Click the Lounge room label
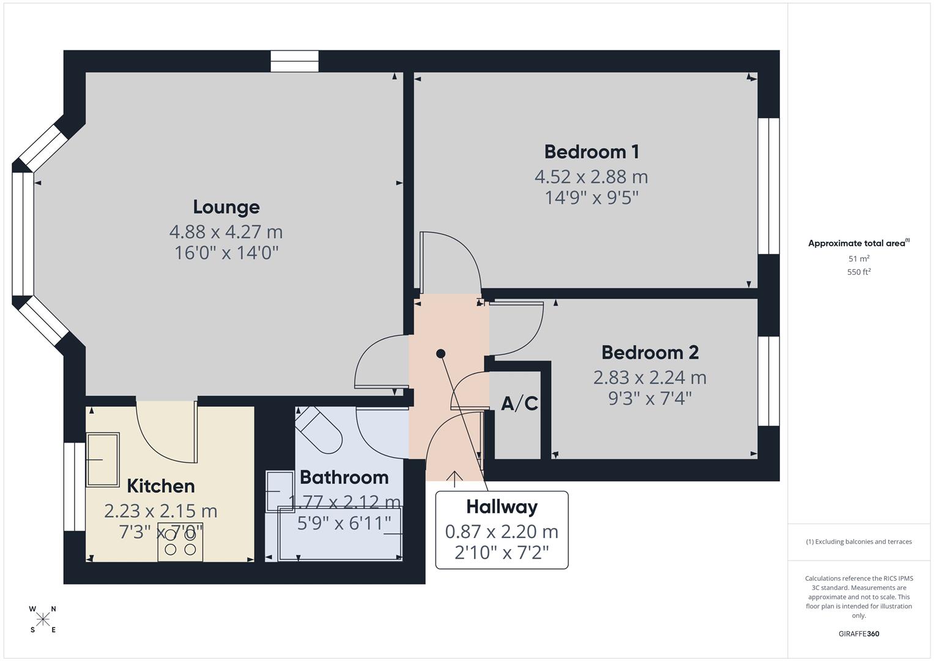226,207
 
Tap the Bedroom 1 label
591,151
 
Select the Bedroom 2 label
650,353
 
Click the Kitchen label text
161,486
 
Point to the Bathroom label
344,477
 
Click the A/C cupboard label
519,403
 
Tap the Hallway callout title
502,507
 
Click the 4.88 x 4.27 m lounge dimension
226,232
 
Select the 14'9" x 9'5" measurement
591,198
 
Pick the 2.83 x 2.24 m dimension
650,378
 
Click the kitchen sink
103,459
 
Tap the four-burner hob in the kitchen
180,542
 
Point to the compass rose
43,619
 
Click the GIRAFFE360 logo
859,634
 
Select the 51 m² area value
859,259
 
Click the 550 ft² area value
859,272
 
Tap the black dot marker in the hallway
440,354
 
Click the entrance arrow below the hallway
454,479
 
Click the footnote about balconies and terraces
859,542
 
